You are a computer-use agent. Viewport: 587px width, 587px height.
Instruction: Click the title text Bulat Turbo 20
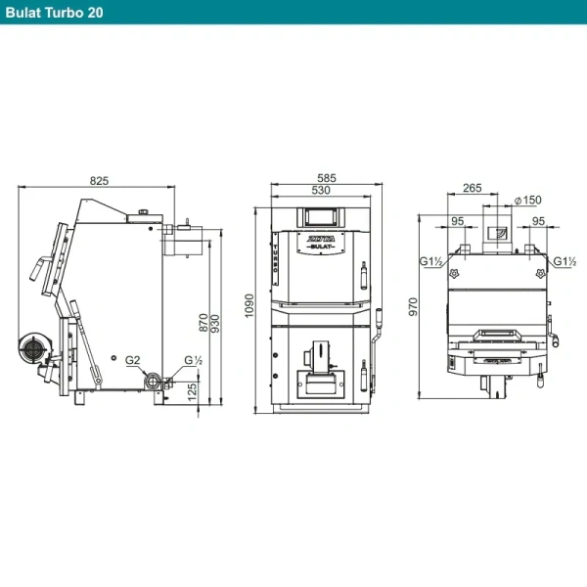[x=54, y=13]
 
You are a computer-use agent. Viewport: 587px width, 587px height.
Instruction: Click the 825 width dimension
[x=99, y=181]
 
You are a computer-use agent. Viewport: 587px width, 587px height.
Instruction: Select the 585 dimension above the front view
[x=327, y=178]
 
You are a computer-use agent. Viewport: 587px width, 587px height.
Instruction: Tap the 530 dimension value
[x=321, y=190]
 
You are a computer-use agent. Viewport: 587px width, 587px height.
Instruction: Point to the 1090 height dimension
[x=249, y=306]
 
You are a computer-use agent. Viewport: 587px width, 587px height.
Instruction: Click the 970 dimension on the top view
[x=413, y=307]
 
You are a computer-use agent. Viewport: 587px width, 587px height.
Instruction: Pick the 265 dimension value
[x=473, y=188]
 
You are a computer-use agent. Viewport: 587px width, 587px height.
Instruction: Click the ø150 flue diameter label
[x=528, y=200]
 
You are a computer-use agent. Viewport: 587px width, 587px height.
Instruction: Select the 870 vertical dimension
[x=203, y=322]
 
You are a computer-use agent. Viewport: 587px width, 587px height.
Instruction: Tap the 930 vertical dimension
[x=215, y=324]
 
